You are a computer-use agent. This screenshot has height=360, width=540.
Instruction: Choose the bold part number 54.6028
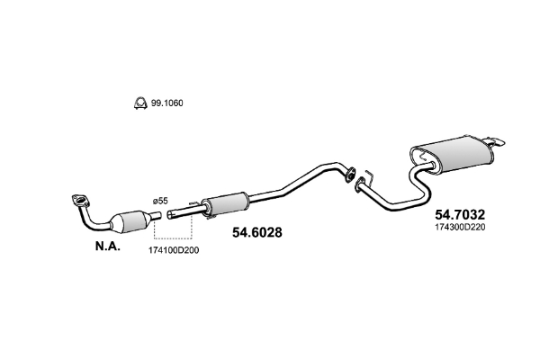coord(257,232)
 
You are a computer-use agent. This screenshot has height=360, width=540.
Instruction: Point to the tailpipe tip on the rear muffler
coord(496,139)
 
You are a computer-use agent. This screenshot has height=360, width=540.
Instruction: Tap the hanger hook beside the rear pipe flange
coord(369,174)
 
